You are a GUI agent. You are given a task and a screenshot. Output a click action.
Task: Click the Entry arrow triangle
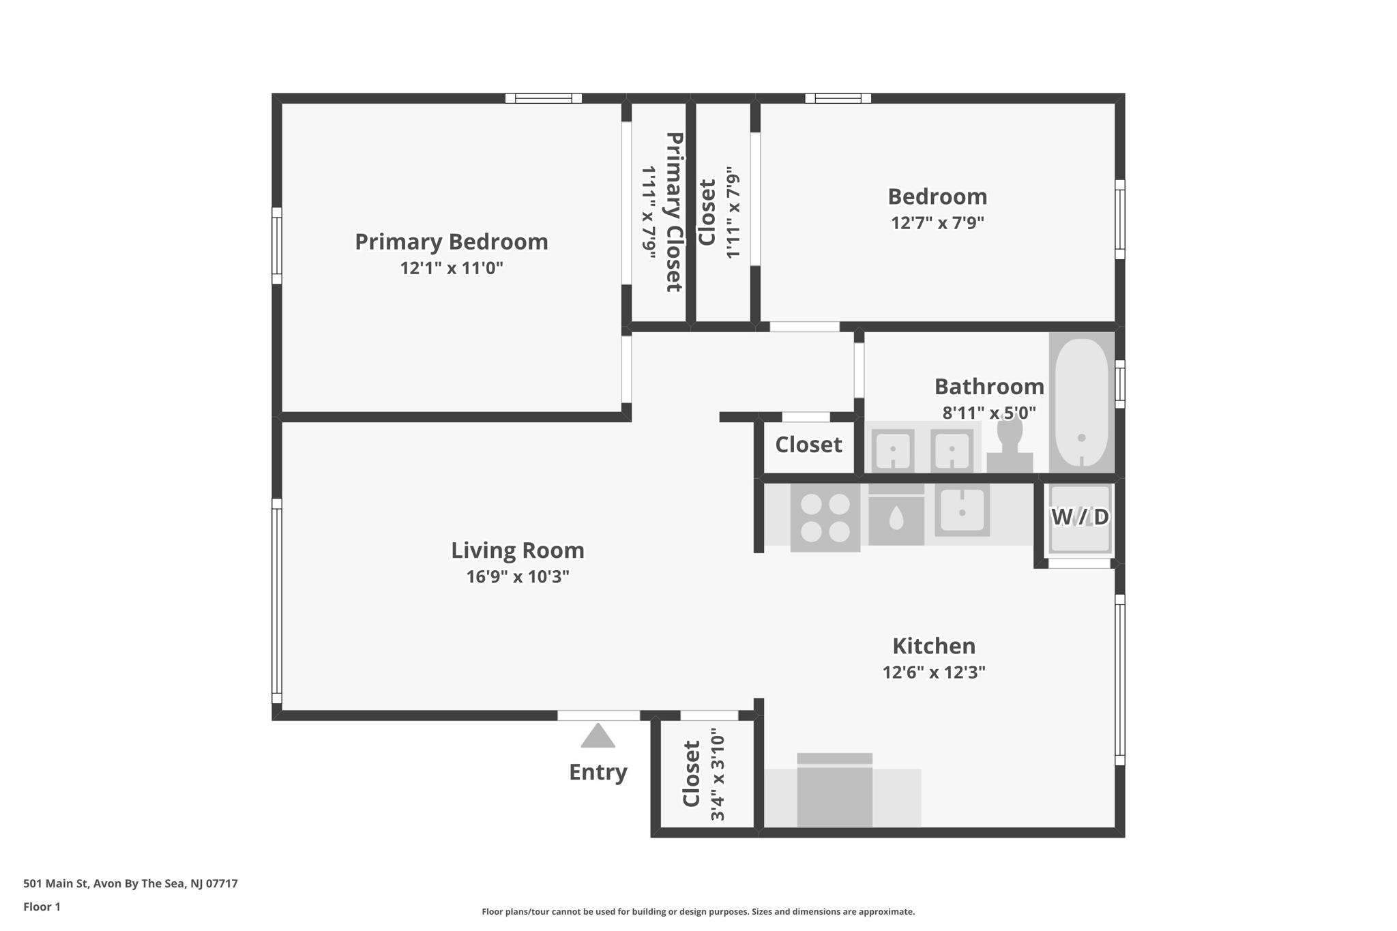click(x=598, y=737)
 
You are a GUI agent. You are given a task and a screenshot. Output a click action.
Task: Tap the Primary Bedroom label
click(x=451, y=242)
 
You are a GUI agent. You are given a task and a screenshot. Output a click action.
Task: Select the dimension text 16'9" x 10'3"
click(x=518, y=577)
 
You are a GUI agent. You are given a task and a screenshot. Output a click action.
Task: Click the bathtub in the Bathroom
click(x=1081, y=404)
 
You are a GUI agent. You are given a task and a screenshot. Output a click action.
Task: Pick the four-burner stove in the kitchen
click(x=825, y=517)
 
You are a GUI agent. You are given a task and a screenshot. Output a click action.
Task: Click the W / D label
click(x=1080, y=517)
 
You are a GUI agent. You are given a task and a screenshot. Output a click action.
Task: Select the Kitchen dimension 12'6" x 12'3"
click(x=933, y=673)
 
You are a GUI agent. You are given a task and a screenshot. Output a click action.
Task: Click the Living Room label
click(x=518, y=550)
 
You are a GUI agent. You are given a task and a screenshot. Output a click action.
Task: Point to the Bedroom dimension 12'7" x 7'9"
click(x=937, y=223)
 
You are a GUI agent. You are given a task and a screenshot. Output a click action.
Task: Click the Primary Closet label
click(x=674, y=212)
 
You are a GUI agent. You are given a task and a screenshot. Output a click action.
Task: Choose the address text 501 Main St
click(x=130, y=883)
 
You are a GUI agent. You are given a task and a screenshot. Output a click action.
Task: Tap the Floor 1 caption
click(x=42, y=906)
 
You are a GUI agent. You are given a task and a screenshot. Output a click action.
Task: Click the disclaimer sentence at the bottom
click(x=698, y=912)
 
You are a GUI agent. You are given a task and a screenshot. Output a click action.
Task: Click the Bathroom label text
click(x=988, y=387)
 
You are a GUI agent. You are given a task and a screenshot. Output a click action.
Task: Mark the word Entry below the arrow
click(x=598, y=772)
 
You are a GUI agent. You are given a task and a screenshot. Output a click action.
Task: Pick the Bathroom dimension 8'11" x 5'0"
click(x=988, y=413)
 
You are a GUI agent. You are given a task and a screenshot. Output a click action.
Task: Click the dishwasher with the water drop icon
click(x=896, y=520)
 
